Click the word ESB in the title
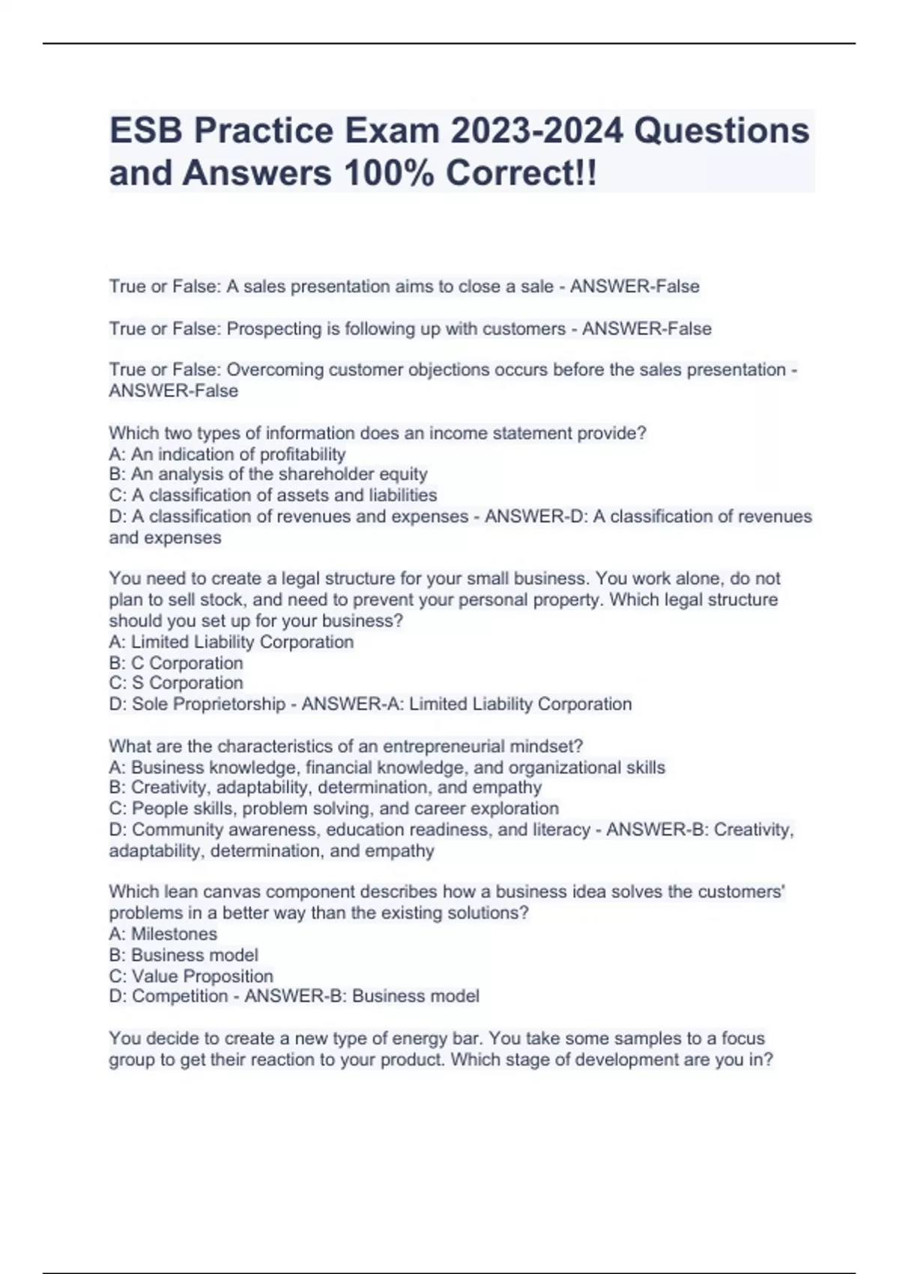[x=146, y=131]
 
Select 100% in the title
[x=388, y=173]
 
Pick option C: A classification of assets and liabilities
[x=273, y=495]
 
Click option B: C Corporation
[x=176, y=663]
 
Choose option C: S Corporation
[x=176, y=683]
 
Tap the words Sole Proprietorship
[x=208, y=704]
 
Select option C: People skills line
[x=333, y=809]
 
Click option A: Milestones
[x=163, y=934]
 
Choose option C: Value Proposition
[x=191, y=976]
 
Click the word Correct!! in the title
[x=521, y=173]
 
